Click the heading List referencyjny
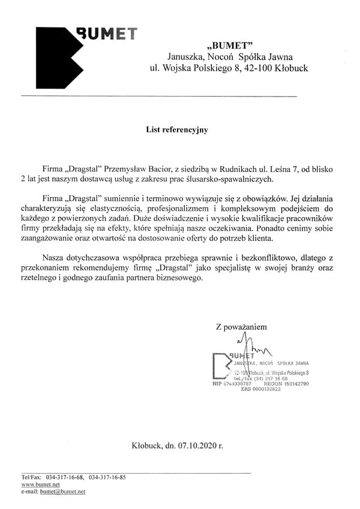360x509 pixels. click(177, 129)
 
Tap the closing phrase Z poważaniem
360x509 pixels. click(241, 327)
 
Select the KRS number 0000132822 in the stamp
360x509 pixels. click(260, 389)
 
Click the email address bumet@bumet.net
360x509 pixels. click(62, 491)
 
